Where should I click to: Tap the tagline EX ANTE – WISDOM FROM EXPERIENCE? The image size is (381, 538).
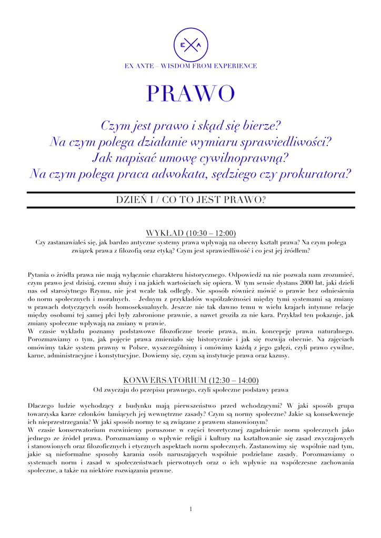[190, 66]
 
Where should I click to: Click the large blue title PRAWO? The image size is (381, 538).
[190, 95]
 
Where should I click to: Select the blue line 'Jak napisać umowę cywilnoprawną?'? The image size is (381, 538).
[190, 157]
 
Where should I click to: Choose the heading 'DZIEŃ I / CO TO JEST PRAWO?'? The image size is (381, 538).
[190, 200]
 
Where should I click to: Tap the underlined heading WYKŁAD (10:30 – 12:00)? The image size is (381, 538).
[190, 233]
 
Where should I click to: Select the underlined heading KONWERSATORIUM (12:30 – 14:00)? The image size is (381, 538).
[190, 380]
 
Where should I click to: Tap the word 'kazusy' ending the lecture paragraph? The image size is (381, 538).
[276, 356]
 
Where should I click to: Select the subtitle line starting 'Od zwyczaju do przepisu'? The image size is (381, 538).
[190, 390]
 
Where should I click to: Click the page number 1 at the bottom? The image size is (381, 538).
[190, 509]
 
